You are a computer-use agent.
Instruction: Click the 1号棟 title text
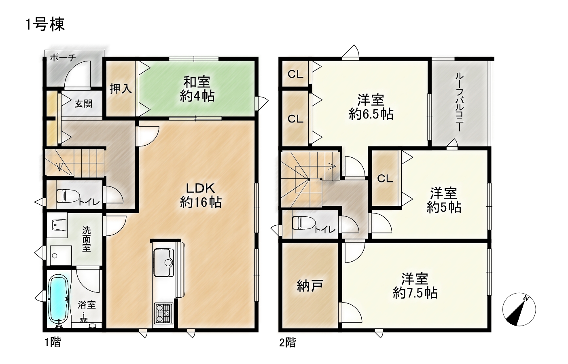(x=45, y=25)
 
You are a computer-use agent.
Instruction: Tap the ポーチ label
(x=63, y=58)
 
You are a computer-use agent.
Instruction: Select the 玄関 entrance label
(x=83, y=104)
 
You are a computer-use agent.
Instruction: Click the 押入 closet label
(x=121, y=89)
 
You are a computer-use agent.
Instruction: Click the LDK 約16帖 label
(x=201, y=195)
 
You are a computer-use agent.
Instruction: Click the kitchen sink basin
(x=164, y=262)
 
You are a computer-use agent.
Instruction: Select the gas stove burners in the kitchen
(x=163, y=313)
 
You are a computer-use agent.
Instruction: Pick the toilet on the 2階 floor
(x=303, y=223)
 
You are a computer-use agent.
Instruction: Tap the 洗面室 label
(x=87, y=239)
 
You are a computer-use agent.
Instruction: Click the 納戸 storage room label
(x=309, y=286)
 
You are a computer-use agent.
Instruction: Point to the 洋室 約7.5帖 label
(x=415, y=286)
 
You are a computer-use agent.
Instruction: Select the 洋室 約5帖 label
(x=443, y=200)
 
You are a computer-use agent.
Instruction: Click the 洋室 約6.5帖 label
(x=371, y=107)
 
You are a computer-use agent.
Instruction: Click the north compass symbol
(x=519, y=309)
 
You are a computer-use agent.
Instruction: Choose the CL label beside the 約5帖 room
(x=385, y=179)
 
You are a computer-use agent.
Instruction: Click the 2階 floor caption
(x=288, y=343)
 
